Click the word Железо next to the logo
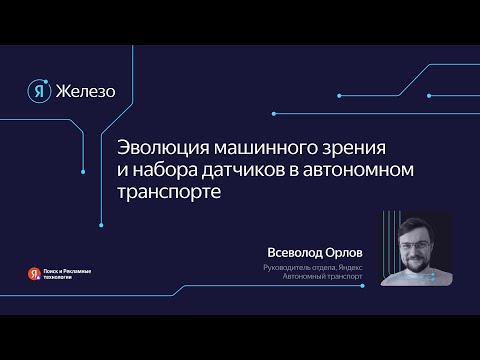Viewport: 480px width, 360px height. point(87,92)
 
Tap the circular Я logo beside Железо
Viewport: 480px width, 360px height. point(39,91)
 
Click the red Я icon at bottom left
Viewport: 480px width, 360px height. point(34,272)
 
